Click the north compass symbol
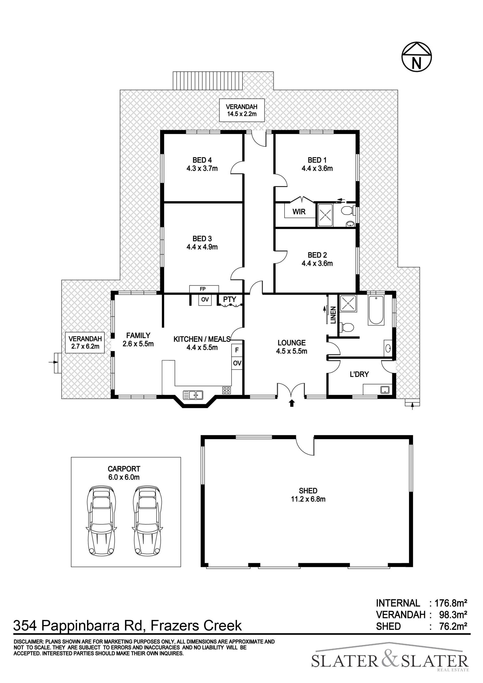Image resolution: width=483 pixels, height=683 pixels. click(x=416, y=57)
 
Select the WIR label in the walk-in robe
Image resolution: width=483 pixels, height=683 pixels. click(x=299, y=212)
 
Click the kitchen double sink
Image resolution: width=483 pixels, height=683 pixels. click(x=193, y=395)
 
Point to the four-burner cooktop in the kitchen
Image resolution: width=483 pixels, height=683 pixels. click(x=226, y=390)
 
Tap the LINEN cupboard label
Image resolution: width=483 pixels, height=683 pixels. click(x=333, y=315)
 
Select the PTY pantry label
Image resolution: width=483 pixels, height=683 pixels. click(x=230, y=299)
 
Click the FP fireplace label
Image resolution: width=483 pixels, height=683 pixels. click(x=203, y=289)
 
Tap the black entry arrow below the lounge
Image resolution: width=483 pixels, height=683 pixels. click(x=292, y=403)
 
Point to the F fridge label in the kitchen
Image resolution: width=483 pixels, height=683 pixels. click(x=237, y=350)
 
